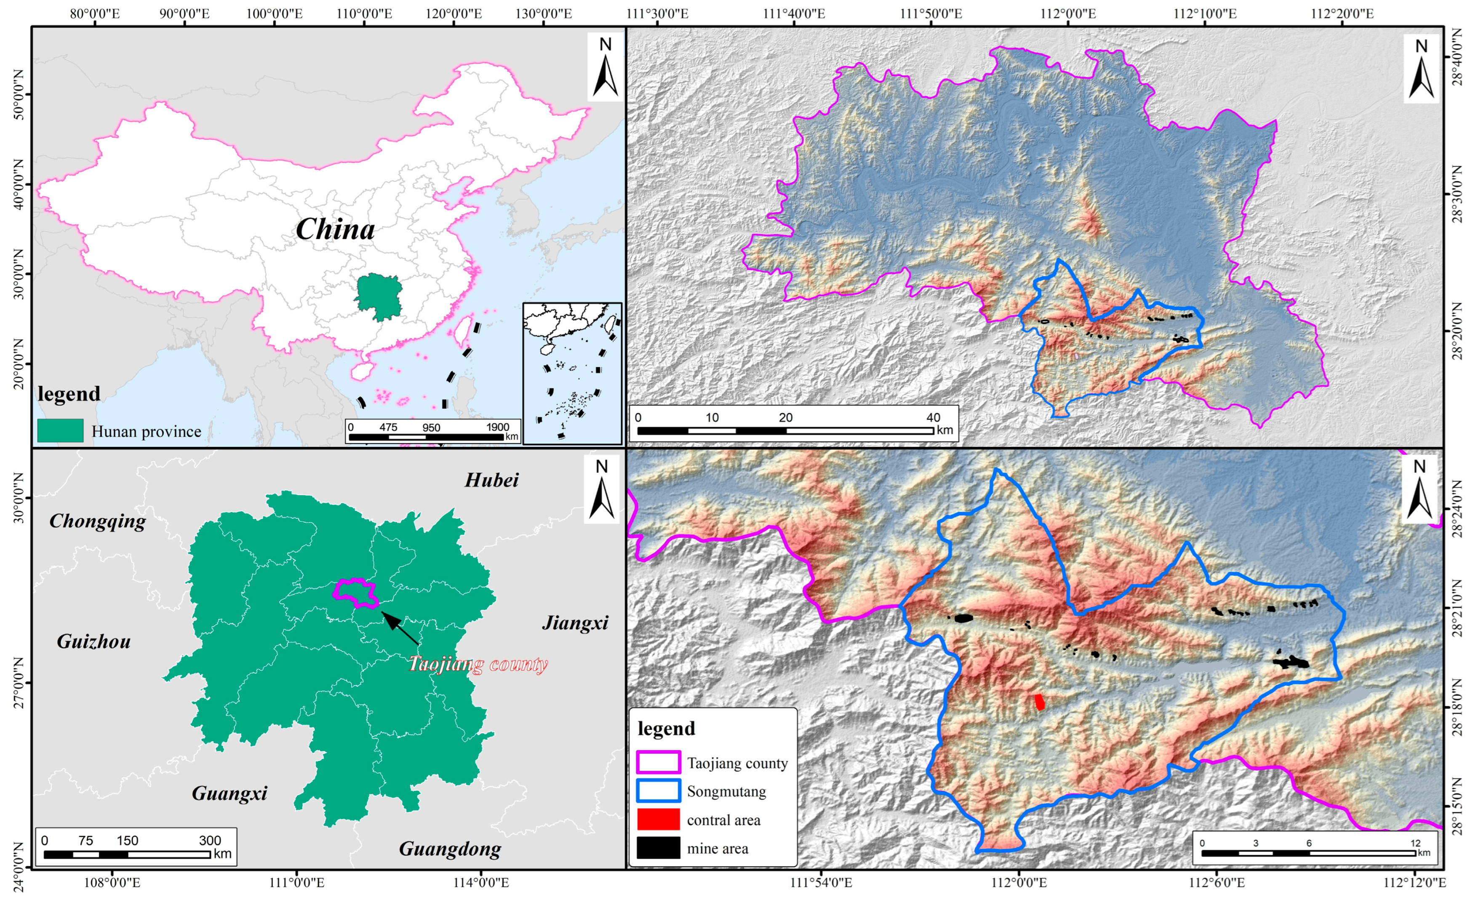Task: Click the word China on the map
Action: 335,230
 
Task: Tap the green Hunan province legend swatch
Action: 60,430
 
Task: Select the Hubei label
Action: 491,480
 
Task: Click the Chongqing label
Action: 97,521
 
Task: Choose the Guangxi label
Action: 229,793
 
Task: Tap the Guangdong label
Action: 450,849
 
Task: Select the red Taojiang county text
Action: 478,665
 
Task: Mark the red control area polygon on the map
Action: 1040,702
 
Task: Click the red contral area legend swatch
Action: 658,819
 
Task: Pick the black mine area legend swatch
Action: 658,848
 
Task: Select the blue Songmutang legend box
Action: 658,791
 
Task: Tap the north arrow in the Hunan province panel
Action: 601,489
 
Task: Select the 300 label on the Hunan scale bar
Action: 210,840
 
